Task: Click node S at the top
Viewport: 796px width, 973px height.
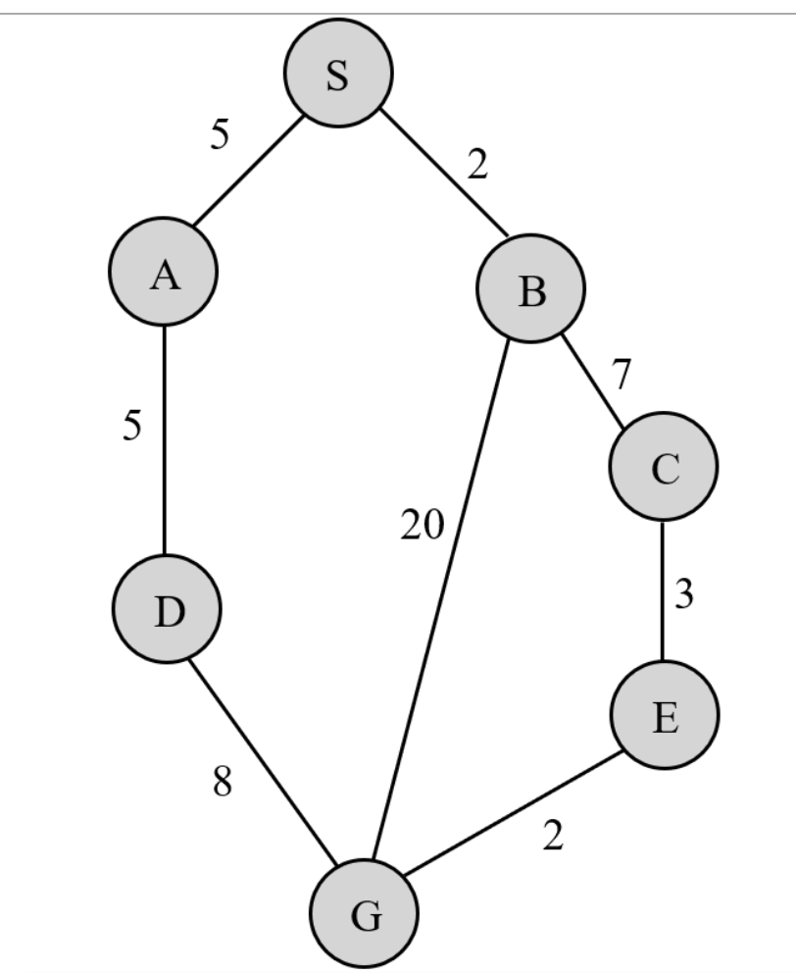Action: tap(338, 73)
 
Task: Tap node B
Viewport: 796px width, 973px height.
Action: tap(530, 288)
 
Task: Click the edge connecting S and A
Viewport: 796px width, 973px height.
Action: tap(250, 173)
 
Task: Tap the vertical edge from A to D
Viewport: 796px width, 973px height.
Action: tap(164, 440)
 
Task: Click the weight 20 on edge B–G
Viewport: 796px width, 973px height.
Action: tap(423, 527)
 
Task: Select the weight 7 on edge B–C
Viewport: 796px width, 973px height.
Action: tap(622, 375)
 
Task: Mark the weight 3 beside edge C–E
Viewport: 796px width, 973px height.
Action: tap(685, 595)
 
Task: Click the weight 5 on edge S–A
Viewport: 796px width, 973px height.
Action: tap(220, 134)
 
